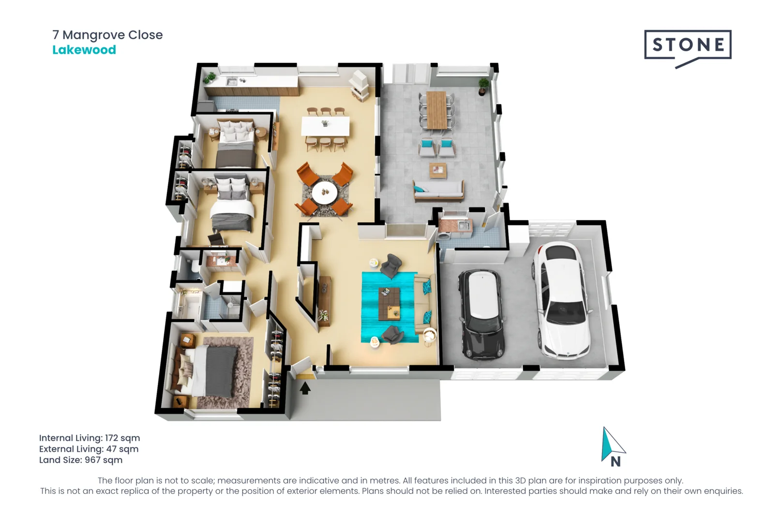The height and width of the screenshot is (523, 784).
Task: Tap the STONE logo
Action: pyautogui.click(x=688, y=46)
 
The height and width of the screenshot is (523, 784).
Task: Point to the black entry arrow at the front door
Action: pyautogui.click(x=305, y=388)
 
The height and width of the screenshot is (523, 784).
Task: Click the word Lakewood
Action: pyautogui.click(x=84, y=50)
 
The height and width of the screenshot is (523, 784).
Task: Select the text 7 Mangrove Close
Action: pyautogui.click(x=107, y=35)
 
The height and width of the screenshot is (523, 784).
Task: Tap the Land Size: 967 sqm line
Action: pyautogui.click(x=81, y=460)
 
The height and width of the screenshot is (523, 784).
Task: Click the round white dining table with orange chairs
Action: pyautogui.click(x=324, y=193)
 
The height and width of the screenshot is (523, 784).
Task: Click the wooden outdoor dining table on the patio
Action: pyautogui.click(x=437, y=110)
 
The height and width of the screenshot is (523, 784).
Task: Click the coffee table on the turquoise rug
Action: pyautogui.click(x=389, y=304)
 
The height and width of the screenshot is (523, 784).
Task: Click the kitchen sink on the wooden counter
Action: pyautogui.click(x=232, y=82)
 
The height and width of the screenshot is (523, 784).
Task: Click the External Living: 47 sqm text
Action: pyautogui.click(x=89, y=449)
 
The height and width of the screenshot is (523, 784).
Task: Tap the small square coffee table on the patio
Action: pyautogui.click(x=437, y=170)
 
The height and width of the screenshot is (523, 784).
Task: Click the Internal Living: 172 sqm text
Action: pyautogui.click(x=90, y=438)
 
